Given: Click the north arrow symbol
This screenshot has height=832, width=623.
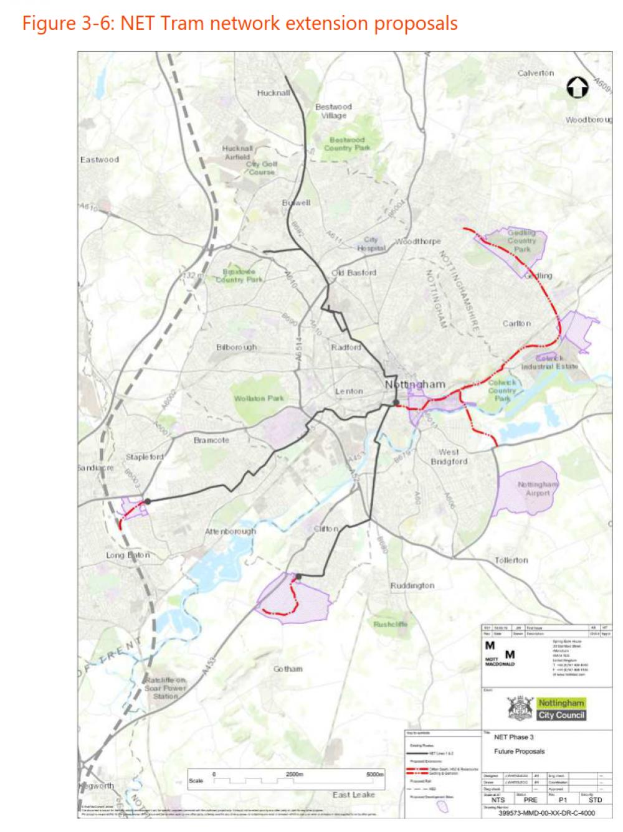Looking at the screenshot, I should [x=577, y=88].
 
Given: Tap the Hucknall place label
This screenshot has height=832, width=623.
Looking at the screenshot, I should [x=273, y=93].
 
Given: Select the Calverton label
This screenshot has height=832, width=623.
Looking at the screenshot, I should [x=535, y=73].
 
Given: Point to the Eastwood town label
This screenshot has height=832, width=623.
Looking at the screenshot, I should [x=99, y=159].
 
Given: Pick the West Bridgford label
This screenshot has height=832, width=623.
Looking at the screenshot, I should [x=449, y=456].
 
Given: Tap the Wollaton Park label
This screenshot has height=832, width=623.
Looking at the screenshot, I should [x=259, y=398].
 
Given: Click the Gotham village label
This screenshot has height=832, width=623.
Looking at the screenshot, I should [x=288, y=669].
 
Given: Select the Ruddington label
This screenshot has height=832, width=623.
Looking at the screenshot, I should [x=412, y=585].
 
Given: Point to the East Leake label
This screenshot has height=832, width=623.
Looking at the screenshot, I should [x=353, y=795].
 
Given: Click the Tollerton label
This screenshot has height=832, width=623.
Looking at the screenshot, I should [x=511, y=560].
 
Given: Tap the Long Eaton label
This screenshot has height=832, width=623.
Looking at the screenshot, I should [x=128, y=555].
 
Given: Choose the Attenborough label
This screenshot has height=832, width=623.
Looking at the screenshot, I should [x=230, y=531].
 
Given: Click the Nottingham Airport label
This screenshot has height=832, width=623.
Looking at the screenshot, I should [x=538, y=488].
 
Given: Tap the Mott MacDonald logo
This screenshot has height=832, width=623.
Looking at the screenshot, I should [x=500, y=655].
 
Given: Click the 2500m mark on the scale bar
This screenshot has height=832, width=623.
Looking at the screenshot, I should [x=294, y=774].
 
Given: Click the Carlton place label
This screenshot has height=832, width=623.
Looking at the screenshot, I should [x=516, y=323].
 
